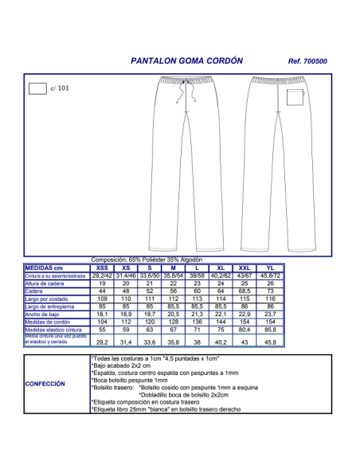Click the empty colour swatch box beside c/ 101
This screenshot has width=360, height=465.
(x=37, y=88)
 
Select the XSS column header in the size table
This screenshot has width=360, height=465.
(x=102, y=268)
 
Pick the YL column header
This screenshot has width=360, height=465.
(x=269, y=268)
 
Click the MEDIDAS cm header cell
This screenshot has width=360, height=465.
(x=55, y=268)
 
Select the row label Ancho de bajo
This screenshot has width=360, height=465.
(x=47, y=314)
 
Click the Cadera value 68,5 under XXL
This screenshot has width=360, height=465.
(x=245, y=291)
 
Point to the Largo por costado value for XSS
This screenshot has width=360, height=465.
(x=102, y=299)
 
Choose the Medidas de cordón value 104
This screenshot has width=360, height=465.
(x=102, y=321)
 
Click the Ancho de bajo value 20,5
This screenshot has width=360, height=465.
(x=173, y=314)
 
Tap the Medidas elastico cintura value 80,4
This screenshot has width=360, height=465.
(x=245, y=329)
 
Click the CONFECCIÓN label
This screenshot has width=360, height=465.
(x=45, y=384)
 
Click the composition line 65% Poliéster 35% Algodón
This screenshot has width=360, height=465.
(x=147, y=260)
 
